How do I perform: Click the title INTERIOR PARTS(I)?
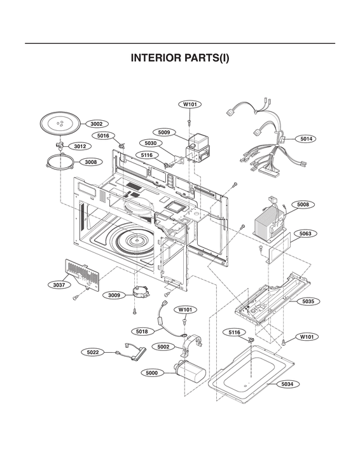tap(180, 58)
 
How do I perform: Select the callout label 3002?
tap(97, 124)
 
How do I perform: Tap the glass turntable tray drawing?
tap(62, 123)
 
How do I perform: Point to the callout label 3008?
tap(91, 162)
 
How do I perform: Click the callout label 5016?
tap(103, 135)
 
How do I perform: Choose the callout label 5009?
tap(164, 132)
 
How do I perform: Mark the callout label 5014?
tap(307, 139)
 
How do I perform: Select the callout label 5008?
tap(303, 205)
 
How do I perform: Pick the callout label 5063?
tap(306, 234)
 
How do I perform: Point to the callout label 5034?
tap(288, 385)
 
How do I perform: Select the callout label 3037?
tap(59, 285)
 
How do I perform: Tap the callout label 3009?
tap(114, 295)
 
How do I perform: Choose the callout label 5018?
tap(142, 331)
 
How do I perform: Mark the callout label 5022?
tap(93, 352)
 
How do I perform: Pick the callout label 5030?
tap(150, 144)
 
